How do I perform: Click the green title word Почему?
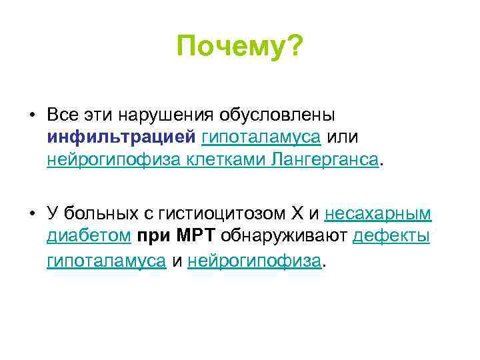[x=239, y=47]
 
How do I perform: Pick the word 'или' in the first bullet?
[x=345, y=137]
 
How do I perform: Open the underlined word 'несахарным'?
[x=378, y=214]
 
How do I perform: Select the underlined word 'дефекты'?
[x=391, y=237]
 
